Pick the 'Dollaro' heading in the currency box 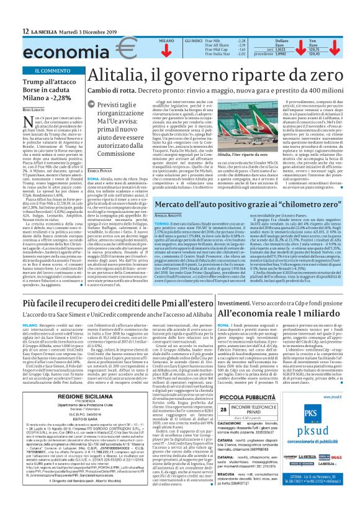click(281, 40)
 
